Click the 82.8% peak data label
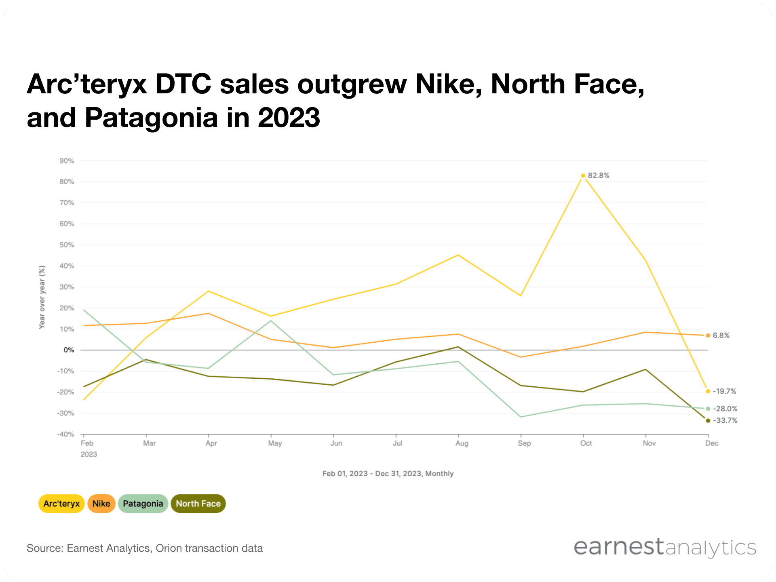click(x=598, y=175)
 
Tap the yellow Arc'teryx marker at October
click(x=583, y=175)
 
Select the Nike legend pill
click(x=101, y=504)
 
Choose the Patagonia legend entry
click(x=143, y=504)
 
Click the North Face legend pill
click(x=198, y=504)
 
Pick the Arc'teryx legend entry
click(x=61, y=504)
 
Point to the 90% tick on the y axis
click(x=67, y=161)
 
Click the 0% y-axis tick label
click(x=69, y=350)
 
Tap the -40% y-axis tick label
click(x=66, y=434)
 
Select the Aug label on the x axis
click(x=462, y=443)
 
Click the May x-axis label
click(x=275, y=443)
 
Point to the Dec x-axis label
click(x=712, y=443)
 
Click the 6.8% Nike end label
click(x=721, y=335)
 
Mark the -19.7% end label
click(x=724, y=391)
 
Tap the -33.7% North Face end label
click(x=725, y=420)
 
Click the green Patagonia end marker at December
click(x=708, y=409)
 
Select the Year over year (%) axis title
click(x=42, y=297)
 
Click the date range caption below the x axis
click(x=388, y=474)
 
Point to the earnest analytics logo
click(x=665, y=548)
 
